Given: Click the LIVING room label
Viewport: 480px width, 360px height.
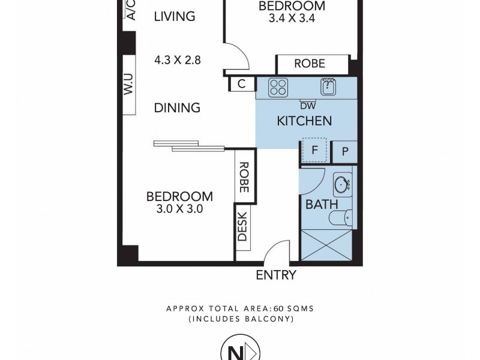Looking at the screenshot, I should tap(175, 16).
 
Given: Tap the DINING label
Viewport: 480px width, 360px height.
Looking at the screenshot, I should tap(176, 108).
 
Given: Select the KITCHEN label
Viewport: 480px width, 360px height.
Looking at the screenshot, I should tap(304, 121).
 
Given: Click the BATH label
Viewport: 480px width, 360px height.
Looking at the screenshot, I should tap(318, 205).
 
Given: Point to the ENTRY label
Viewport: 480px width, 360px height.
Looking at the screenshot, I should tap(276, 275).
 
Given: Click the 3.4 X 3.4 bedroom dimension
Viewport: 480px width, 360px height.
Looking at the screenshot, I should tap(292, 18).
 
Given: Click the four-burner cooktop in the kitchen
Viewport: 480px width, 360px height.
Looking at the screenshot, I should tap(277, 87).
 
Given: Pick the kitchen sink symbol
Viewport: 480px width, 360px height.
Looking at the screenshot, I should tap(327, 87).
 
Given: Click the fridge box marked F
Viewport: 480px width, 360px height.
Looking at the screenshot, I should tap(314, 151).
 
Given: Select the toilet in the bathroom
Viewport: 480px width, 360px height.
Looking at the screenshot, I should tap(344, 219).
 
